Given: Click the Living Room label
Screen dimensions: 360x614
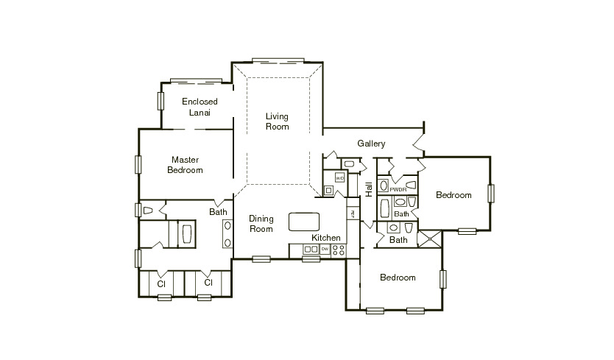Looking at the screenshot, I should pos(278,121).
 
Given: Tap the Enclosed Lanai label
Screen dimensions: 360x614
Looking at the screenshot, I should pos(200,107).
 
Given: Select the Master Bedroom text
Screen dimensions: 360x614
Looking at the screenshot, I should pos(185,164).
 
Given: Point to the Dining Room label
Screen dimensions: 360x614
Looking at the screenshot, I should pos(261,224).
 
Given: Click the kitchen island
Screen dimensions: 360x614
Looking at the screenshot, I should pos(306,221).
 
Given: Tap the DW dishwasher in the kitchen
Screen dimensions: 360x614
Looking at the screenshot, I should pos(325,250).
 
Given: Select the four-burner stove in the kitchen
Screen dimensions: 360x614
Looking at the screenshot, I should pos(339,250).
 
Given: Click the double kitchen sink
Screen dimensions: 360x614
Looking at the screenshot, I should pos(310,250).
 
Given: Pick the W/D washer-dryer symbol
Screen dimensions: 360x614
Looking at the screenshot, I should pos(339,178).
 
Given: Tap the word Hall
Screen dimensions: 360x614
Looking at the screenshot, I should pos(369,189).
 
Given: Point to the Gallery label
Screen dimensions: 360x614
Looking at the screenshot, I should pos(371,144).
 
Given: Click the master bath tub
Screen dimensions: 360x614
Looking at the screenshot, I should pos(186,235).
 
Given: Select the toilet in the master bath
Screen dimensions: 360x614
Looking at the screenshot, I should pos(149,211).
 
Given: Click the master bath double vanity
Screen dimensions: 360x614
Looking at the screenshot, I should pos(227,235).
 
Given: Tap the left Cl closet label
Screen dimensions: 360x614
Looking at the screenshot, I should pos(160,282).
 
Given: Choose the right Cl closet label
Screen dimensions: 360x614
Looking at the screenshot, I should pos(208,282).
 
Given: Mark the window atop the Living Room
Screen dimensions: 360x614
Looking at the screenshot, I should pos(278,60).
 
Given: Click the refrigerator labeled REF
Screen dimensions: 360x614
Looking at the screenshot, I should pos(353,214).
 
